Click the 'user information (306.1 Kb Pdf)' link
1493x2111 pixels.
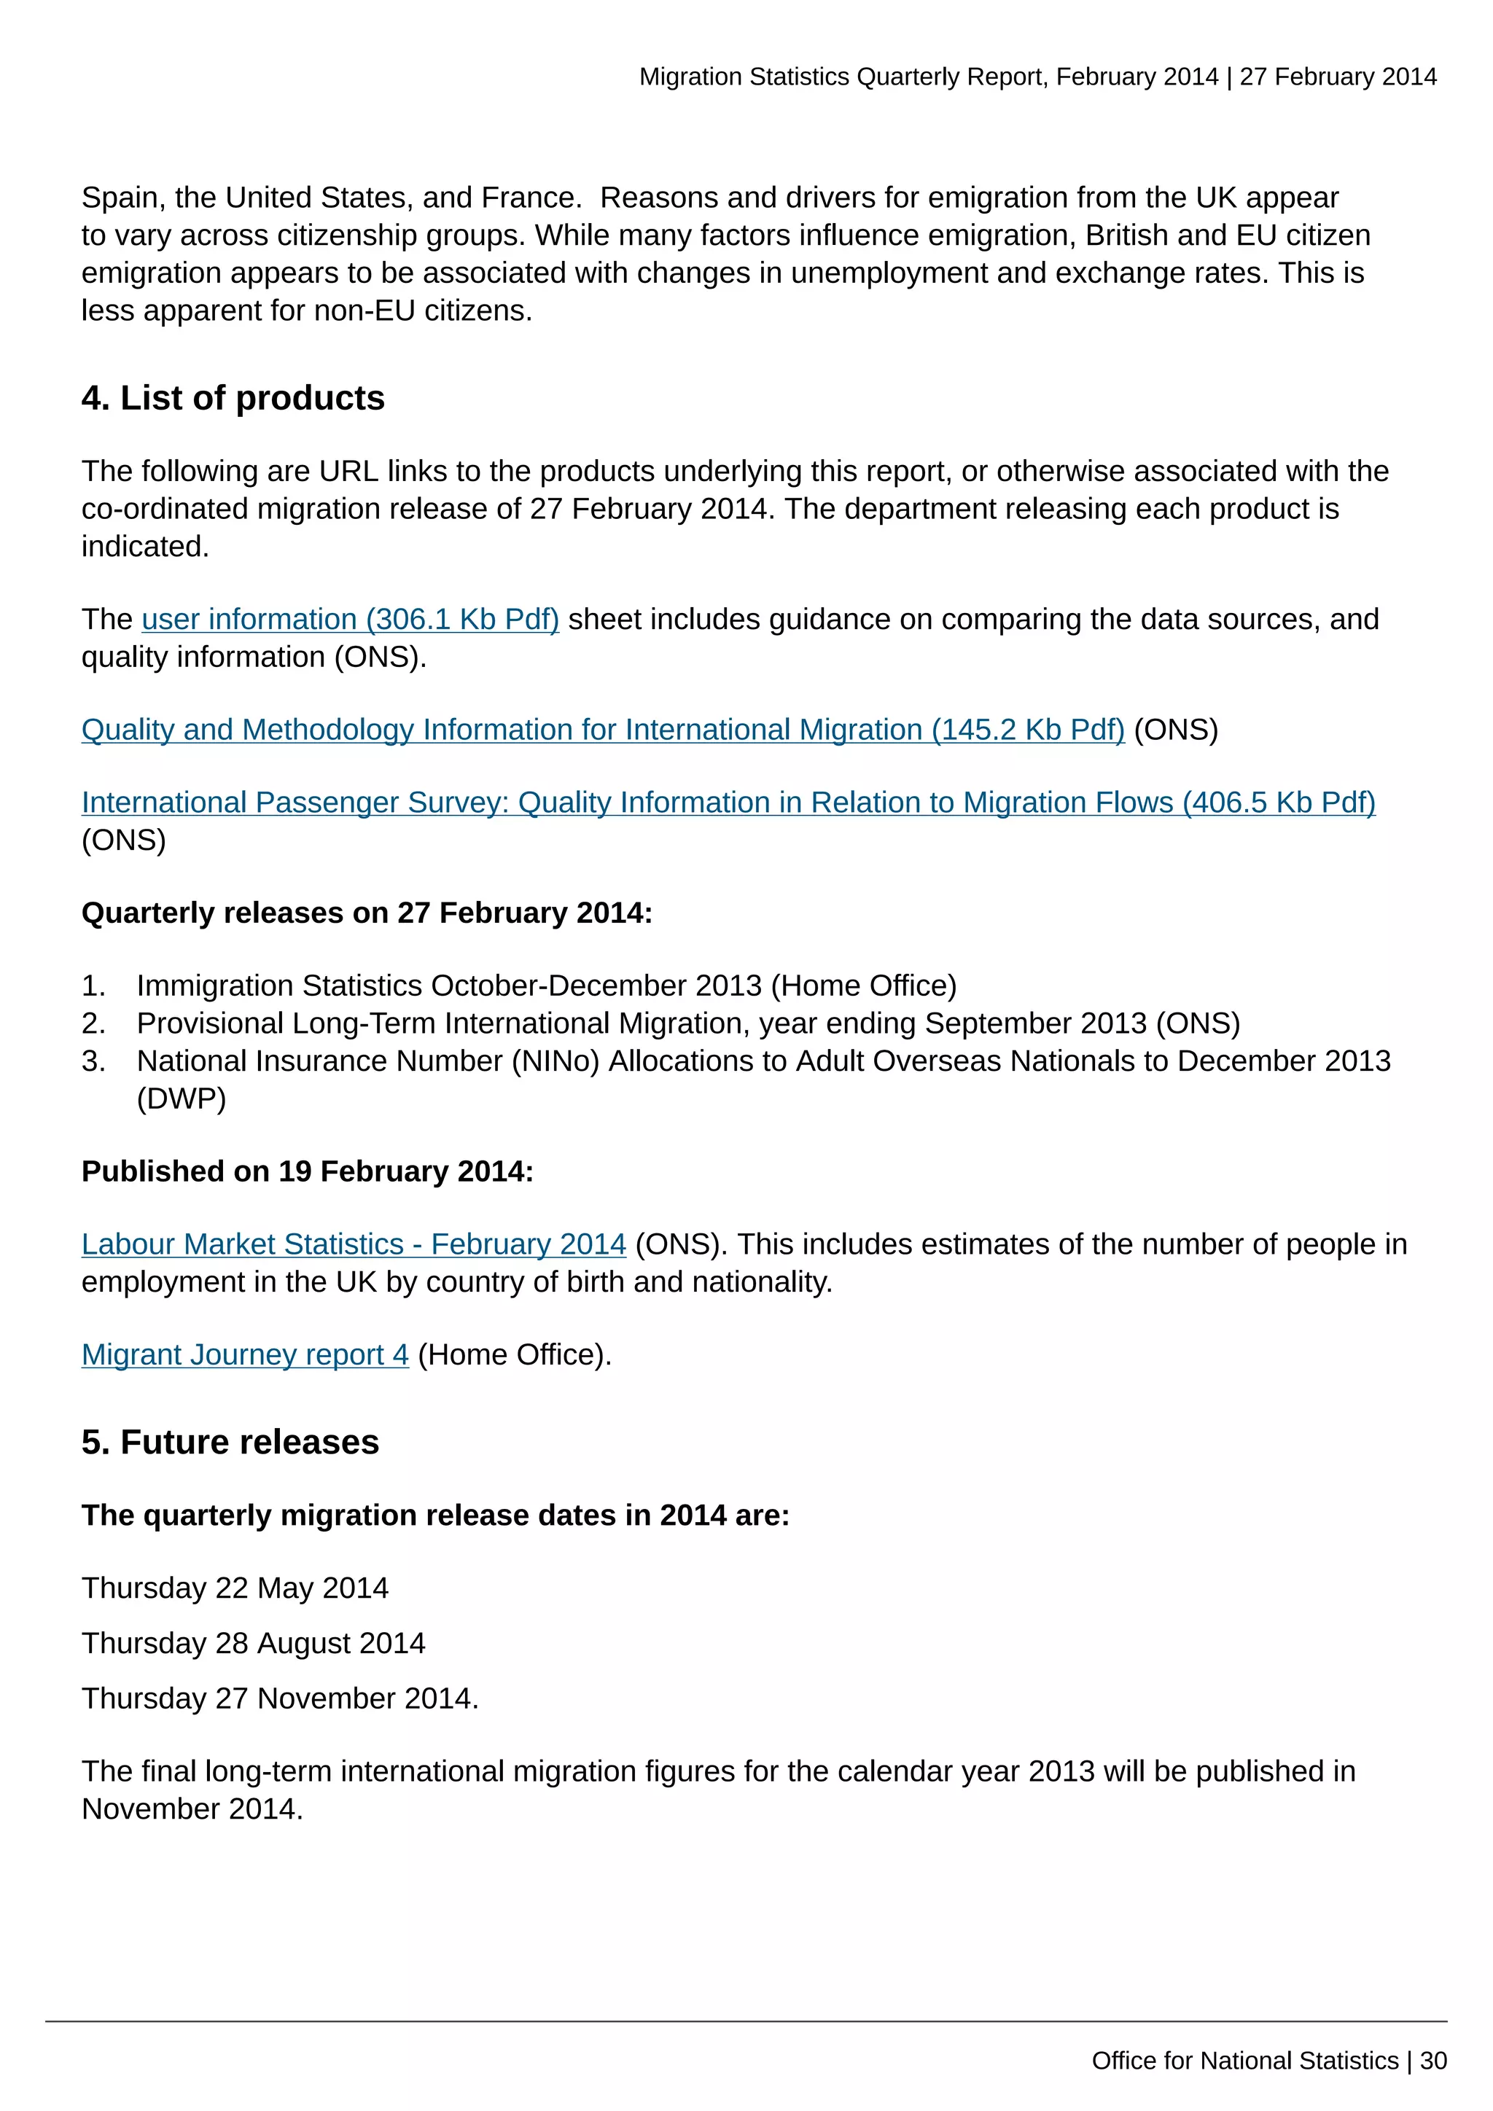(349, 620)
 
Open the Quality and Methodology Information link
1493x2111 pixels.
(602, 730)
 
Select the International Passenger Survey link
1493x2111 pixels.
(728, 803)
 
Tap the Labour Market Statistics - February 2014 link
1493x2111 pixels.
(353, 1244)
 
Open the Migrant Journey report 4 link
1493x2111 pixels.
(244, 1354)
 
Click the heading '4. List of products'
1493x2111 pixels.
(233, 398)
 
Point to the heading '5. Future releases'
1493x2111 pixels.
(230, 1442)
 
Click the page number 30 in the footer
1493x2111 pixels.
(1432, 2061)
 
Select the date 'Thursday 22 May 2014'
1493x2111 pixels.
(235, 1588)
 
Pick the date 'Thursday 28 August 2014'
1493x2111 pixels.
(253, 1643)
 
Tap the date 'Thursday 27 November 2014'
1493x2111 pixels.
(278, 1698)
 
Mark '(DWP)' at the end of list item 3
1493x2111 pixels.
(181, 1099)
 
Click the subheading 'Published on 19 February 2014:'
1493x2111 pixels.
(307, 1171)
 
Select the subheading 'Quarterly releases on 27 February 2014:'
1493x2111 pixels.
(366, 913)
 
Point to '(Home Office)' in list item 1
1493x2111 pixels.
(863, 986)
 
